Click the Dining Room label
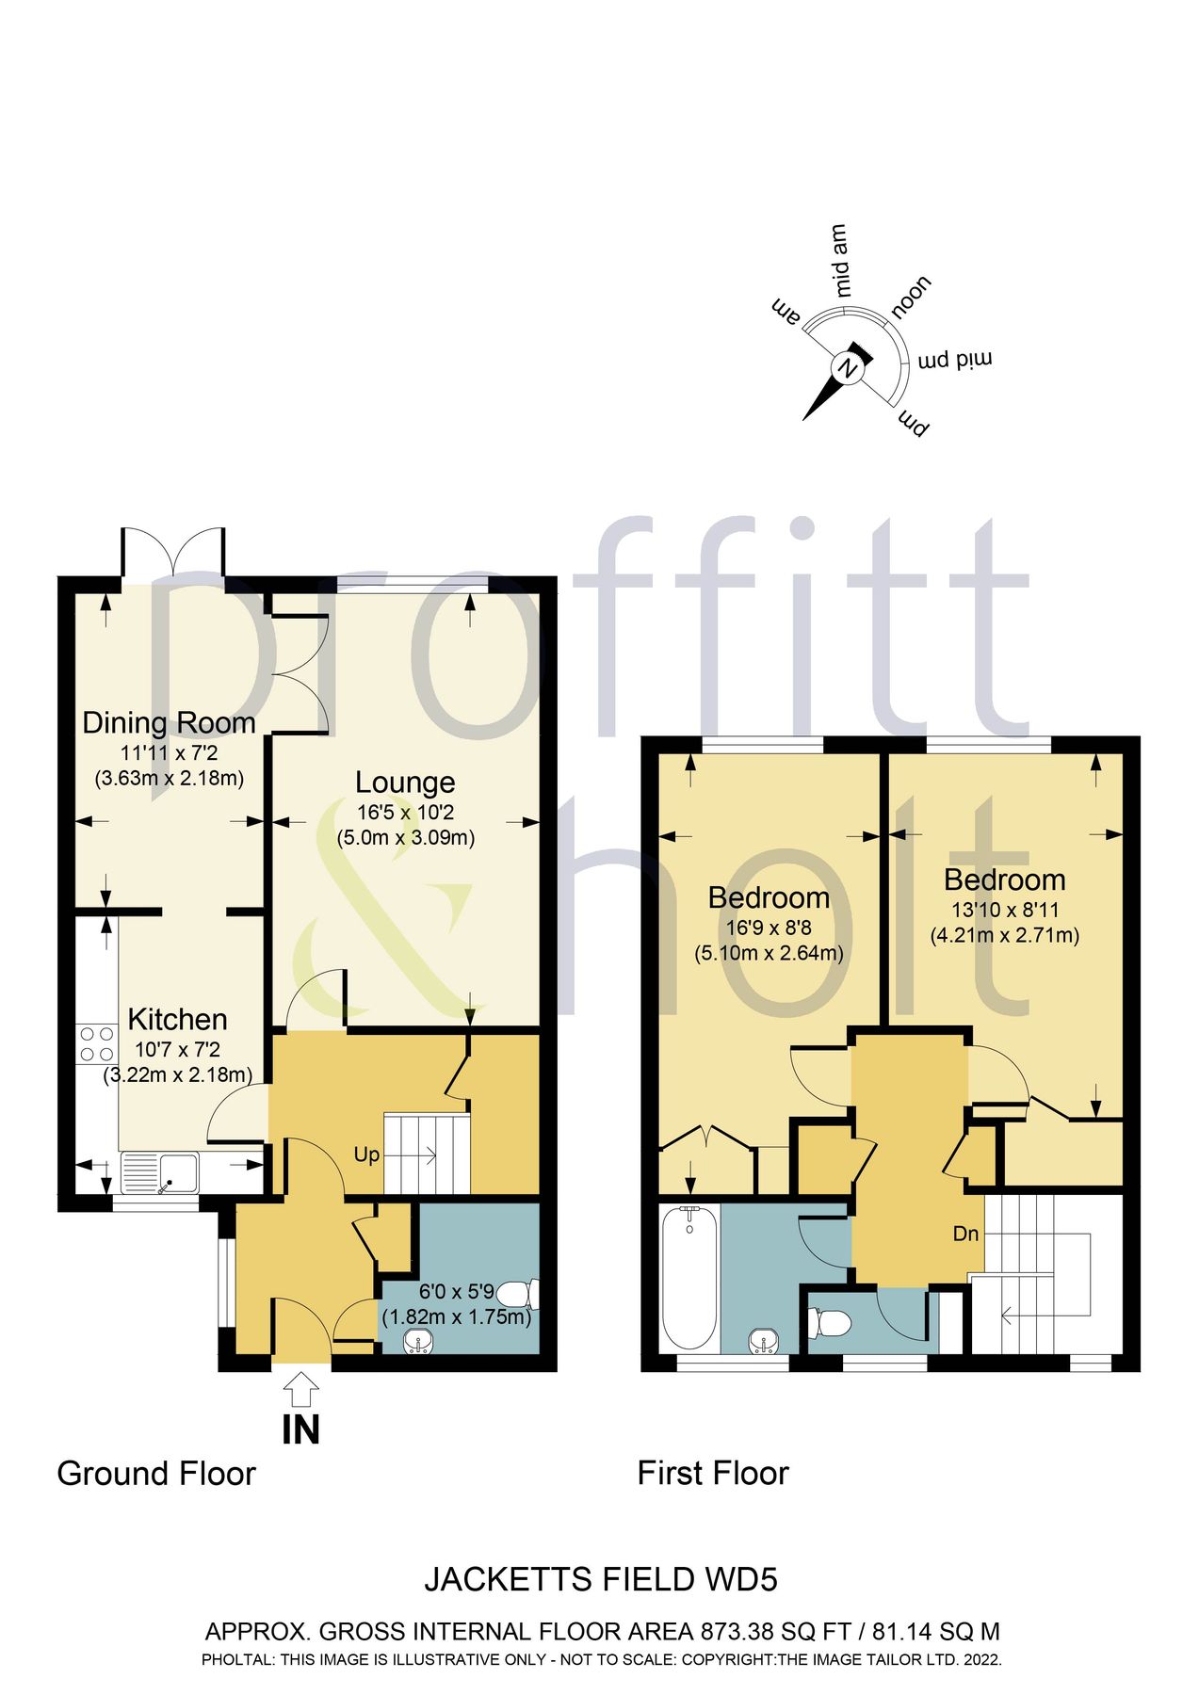coord(170,723)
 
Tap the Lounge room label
coord(405,783)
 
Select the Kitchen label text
coord(177,1019)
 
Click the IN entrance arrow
coord(300,1389)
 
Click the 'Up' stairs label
coord(366,1154)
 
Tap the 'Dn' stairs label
coord(965,1234)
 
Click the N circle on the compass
coord(847,369)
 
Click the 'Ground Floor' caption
coord(156,1474)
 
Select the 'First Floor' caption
coord(713,1473)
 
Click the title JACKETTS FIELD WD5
coord(601,1579)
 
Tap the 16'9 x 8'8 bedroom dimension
coord(769,928)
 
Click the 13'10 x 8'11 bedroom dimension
coord(1004,911)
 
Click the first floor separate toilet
coord(834,1324)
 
